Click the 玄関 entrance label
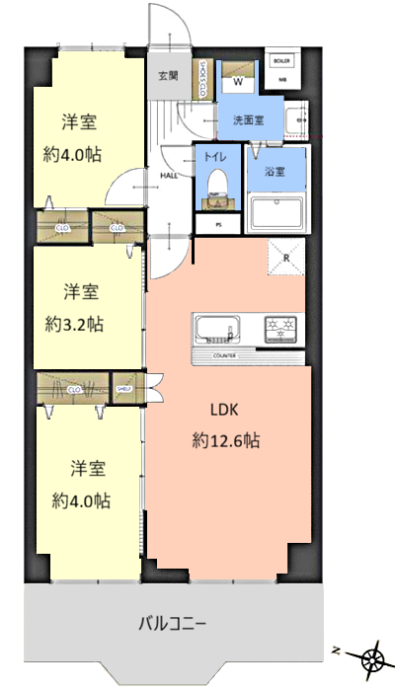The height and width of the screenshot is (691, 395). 167,75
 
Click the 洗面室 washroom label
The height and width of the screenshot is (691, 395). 248,120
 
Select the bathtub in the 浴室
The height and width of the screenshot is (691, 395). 276,212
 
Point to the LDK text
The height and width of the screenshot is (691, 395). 223,410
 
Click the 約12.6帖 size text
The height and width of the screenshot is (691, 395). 225,441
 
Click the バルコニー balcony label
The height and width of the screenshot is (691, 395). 171,624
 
